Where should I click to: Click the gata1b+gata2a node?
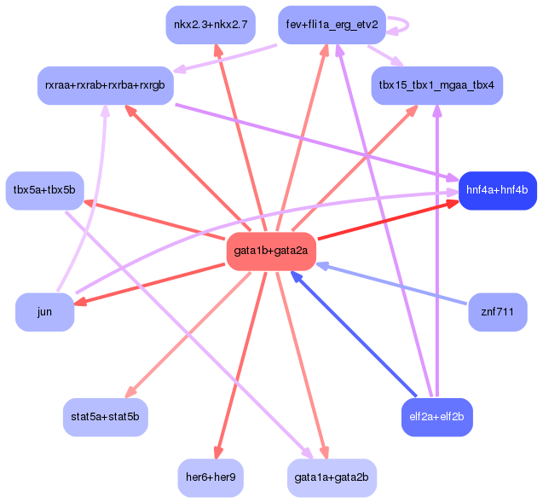[x=271, y=251]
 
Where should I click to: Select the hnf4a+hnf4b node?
[x=498, y=190]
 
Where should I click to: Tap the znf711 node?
[x=498, y=312]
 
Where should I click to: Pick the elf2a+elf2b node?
[x=437, y=417]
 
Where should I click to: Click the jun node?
[x=44, y=312]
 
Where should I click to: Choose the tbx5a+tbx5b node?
[x=44, y=190]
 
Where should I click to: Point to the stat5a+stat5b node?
[x=106, y=417]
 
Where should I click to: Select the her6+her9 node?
[x=211, y=478]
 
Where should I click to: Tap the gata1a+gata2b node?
[x=332, y=478]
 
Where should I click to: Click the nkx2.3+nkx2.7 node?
[x=211, y=25]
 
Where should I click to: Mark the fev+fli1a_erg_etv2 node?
[x=332, y=25]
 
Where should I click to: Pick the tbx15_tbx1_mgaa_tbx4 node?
[x=437, y=85]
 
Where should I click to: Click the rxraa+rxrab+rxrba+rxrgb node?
[x=106, y=85]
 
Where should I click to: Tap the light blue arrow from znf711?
[x=391, y=283]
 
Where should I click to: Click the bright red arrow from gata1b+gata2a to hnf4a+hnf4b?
[x=388, y=220]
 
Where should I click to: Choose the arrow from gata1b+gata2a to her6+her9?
[x=241, y=366]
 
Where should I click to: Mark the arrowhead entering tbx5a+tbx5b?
[x=90, y=203]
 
